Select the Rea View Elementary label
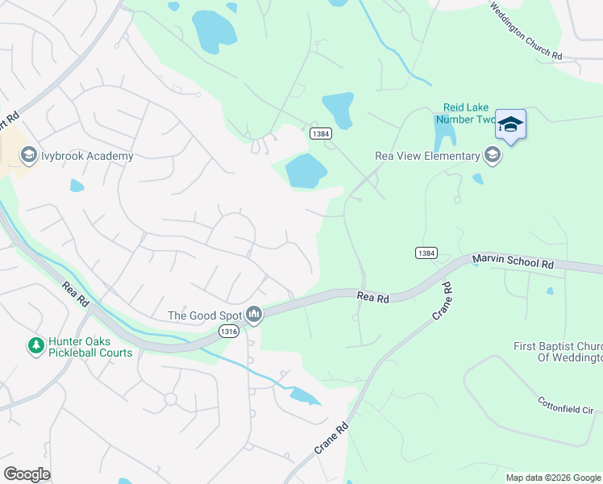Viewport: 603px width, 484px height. pyautogui.click(x=427, y=156)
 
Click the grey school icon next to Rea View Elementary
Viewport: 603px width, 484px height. pyautogui.click(x=492, y=156)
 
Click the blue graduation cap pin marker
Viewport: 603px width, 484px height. pyautogui.click(x=510, y=124)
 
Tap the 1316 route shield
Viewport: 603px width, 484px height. pyautogui.click(x=229, y=331)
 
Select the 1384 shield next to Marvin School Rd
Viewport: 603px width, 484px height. pyautogui.click(x=426, y=252)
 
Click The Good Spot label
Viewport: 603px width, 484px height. pyautogui.click(x=205, y=315)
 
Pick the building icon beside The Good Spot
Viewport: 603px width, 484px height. pyautogui.click(x=254, y=314)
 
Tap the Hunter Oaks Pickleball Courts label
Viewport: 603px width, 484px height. pyautogui.click(x=89, y=347)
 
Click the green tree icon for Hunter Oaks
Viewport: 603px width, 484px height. pyautogui.click(x=35, y=346)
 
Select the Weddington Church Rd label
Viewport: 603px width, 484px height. pyautogui.click(x=526, y=30)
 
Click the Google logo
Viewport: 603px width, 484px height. pyautogui.click(x=27, y=474)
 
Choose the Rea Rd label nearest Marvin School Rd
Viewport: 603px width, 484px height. pyautogui.click(x=373, y=298)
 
